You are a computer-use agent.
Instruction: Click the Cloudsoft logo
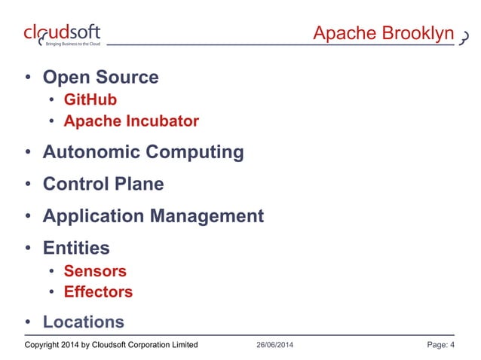tap(62, 35)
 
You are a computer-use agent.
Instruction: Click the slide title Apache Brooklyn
tap(383, 34)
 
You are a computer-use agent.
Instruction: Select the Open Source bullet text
tap(100, 77)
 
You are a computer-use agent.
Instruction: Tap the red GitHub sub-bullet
tap(90, 99)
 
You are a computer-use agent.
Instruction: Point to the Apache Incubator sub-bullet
tap(131, 121)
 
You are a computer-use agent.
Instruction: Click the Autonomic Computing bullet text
tap(143, 152)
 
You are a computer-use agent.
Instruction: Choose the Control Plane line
tap(103, 184)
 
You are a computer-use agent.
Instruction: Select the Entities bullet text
tap(76, 248)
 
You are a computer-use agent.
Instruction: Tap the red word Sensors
tap(95, 270)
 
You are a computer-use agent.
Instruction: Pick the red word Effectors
tap(98, 291)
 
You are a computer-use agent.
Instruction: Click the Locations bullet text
tap(84, 322)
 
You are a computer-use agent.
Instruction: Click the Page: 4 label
tap(440, 346)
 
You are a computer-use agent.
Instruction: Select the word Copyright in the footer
tap(44, 346)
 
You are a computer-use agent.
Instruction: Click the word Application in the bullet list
tap(93, 216)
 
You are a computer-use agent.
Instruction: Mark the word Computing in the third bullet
tap(195, 152)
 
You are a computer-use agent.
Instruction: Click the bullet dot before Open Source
tap(28, 78)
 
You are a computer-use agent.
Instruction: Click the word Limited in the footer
tap(182, 346)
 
